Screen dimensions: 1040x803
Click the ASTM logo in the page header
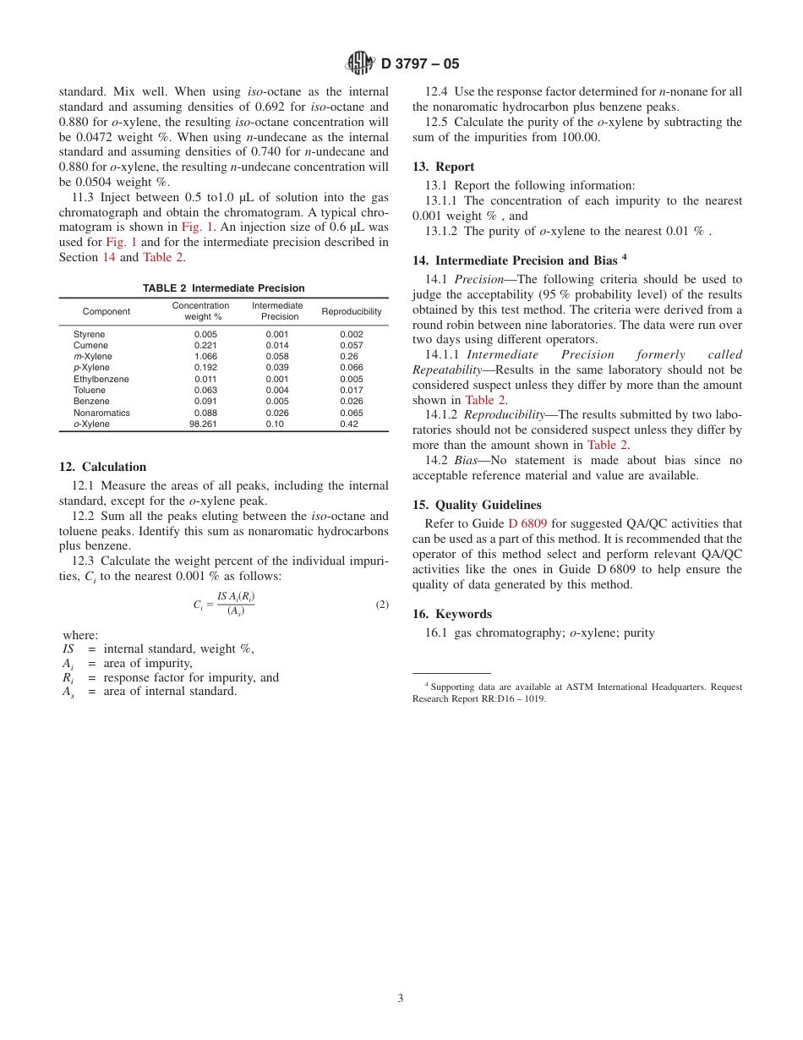(361, 63)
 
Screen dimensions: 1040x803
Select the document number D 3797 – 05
(420, 63)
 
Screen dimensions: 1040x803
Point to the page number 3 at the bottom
(401, 998)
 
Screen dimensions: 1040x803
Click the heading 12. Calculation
(102, 467)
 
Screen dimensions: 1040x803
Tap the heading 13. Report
(443, 167)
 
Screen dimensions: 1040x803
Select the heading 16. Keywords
(451, 614)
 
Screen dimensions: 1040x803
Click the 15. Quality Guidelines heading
(477, 505)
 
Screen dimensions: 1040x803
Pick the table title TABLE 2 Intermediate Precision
(223, 288)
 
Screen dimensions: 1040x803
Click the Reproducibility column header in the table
(352, 311)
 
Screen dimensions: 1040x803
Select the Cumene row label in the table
(90, 346)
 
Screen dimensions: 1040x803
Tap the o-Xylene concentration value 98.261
(203, 424)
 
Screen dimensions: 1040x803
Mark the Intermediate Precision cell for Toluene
(277, 391)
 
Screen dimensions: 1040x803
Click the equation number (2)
(382, 605)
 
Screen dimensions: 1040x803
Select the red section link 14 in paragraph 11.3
(109, 257)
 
